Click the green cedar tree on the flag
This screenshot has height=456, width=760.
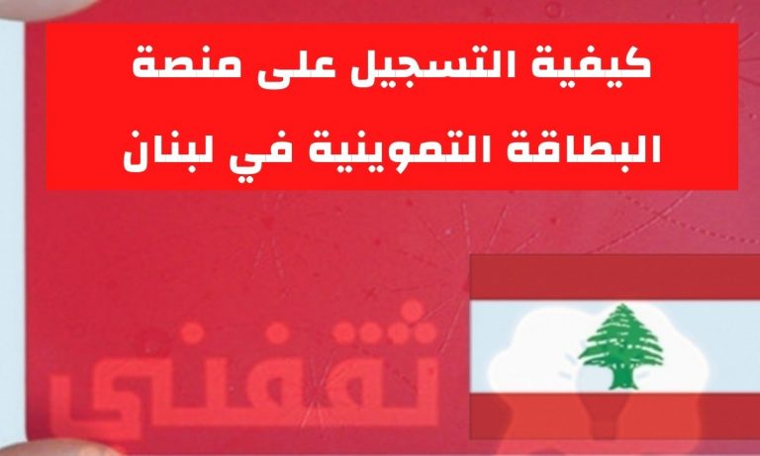coord(620,346)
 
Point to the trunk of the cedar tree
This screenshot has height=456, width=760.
coord(620,378)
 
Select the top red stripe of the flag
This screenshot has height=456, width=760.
coord(615,277)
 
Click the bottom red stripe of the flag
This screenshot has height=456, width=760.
coord(615,415)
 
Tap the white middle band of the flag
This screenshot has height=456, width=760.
coord(615,346)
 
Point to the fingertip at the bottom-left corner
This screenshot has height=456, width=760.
coord(58,448)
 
